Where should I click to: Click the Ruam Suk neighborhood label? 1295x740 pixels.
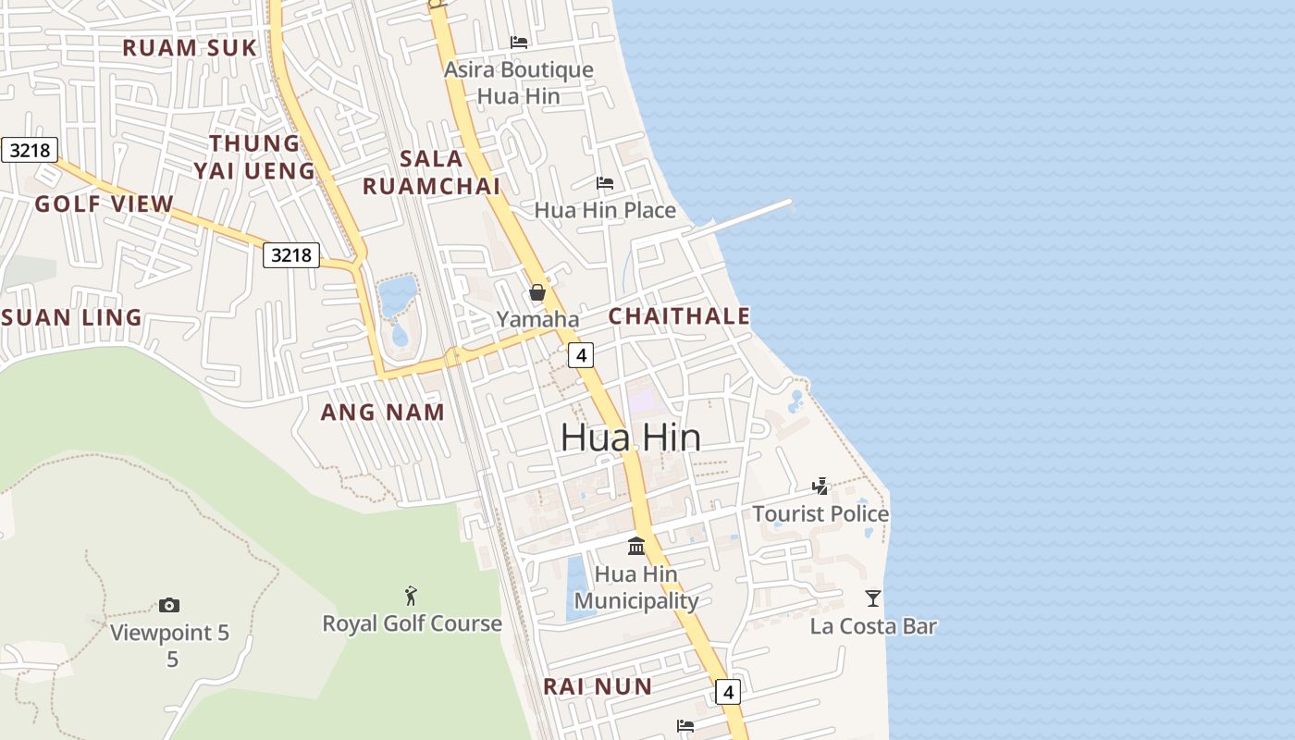(189, 48)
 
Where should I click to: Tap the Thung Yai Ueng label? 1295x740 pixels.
(254, 156)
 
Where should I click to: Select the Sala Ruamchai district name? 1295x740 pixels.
(431, 172)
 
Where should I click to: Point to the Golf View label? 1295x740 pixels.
(105, 204)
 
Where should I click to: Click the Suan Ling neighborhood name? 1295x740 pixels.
(72, 318)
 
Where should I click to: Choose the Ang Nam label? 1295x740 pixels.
(382, 413)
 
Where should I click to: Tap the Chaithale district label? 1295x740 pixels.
(679, 316)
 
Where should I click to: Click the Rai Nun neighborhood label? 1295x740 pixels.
(597, 686)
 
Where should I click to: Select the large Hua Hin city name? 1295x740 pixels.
(631, 438)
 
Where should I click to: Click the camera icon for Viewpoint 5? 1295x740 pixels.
(169, 605)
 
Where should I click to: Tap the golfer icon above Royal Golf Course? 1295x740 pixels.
(412, 596)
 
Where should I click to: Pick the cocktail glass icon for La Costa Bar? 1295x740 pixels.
(873, 598)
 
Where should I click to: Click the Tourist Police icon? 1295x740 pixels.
(820, 486)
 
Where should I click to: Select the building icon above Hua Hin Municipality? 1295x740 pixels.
(636, 546)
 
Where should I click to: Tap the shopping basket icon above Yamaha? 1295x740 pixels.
(537, 292)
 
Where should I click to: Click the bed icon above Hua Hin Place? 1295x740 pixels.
(605, 183)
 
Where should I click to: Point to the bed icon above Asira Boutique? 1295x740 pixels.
(519, 42)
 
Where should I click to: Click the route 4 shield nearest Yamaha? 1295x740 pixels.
(580, 354)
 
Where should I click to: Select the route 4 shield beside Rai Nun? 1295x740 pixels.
(728, 691)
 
